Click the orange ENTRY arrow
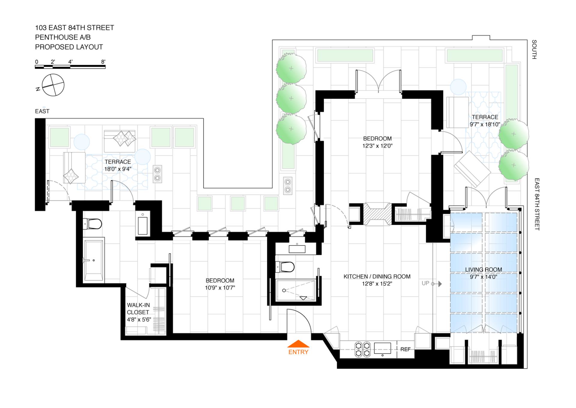(x=298, y=344)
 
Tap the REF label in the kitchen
(x=405, y=349)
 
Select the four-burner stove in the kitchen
(x=362, y=349)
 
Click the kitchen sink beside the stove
(x=382, y=348)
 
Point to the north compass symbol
(x=53, y=85)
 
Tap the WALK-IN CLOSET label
(x=138, y=309)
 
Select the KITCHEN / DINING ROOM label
(x=377, y=276)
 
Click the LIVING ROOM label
(x=483, y=269)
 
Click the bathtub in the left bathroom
(x=94, y=260)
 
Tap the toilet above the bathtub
(x=93, y=224)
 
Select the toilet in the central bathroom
(x=285, y=267)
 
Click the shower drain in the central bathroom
(x=284, y=291)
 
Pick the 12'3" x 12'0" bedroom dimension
(x=377, y=146)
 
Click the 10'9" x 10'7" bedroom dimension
(x=220, y=288)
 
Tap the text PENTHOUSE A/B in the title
(x=63, y=37)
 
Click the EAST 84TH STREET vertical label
(x=537, y=204)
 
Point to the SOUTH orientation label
(x=534, y=49)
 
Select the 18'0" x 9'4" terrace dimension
(x=118, y=169)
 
